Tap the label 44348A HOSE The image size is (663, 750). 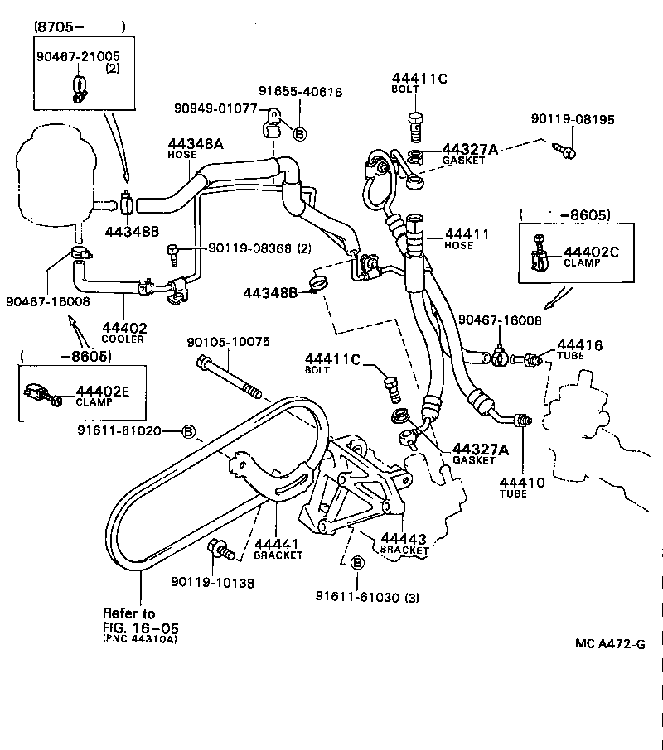click(x=196, y=147)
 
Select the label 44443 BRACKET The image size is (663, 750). click(x=404, y=543)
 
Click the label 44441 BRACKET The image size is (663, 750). click(x=278, y=548)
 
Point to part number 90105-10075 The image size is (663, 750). click(x=228, y=342)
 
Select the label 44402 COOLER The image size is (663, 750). click(x=123, y=332)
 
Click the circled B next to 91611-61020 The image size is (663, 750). click(x=188, y=431)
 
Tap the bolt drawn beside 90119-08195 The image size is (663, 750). click(x=567, y=150)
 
